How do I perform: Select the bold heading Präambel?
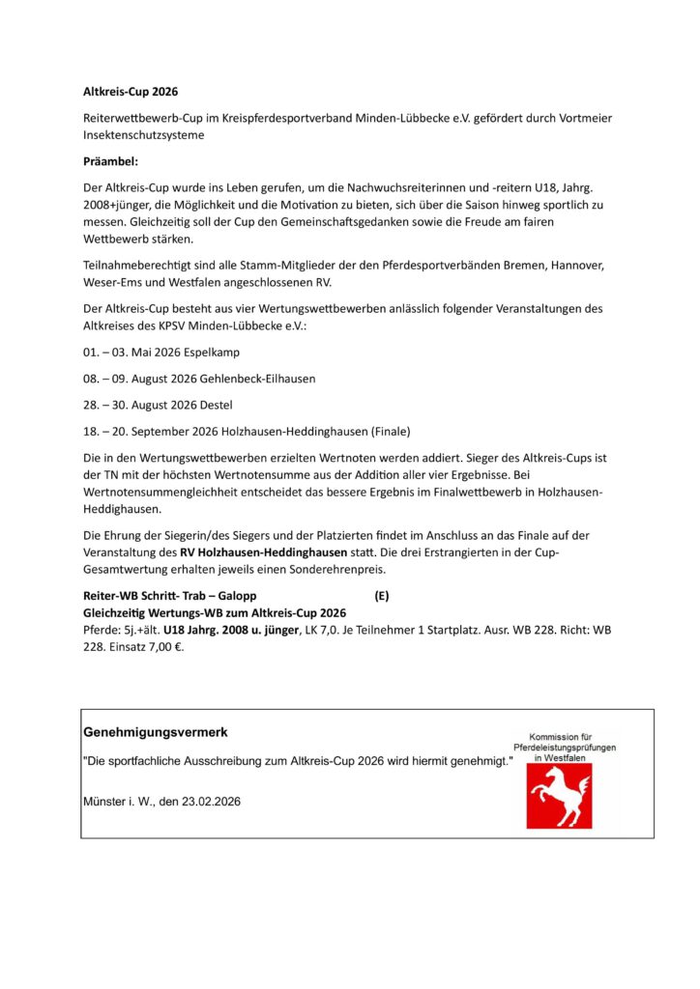(110, 160)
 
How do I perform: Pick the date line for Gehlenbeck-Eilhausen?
(198, 380)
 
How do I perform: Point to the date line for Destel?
(157, 405)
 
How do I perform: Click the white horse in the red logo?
(558, 795)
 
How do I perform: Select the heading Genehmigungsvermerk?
(156, 733)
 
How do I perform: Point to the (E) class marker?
(382, 596)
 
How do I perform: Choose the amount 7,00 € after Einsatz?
(163, 648)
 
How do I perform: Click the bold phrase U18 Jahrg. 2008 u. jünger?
(231, 631)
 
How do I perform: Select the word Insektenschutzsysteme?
(143, 135)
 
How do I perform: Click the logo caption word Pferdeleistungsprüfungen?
(565, 748)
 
